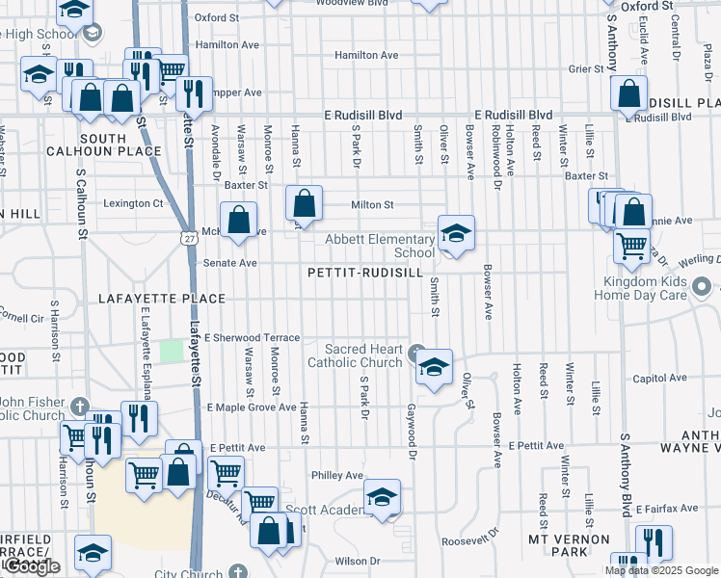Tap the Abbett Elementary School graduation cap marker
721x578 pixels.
pyautogui.click(x=456, y=233)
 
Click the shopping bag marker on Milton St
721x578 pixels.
pyautogui.click(x=304, y=203)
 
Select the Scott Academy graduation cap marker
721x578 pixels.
pyautogui.click(x=383, y=498)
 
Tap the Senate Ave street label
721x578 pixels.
pyautogui.click(x=228, y=262)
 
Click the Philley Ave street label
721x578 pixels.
pyautogui.click(x=336, y=475)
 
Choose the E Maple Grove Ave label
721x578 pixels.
pyautogui.click(x=253, y=407)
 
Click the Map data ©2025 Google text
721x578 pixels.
pyautogui.click(x=662, y=570)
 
